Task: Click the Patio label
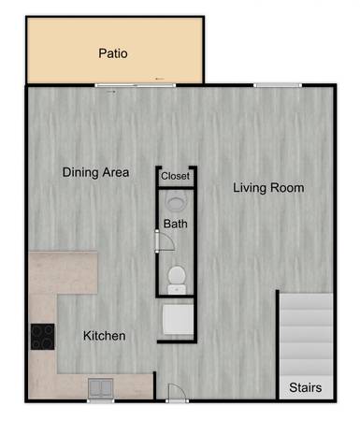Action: point(113,53)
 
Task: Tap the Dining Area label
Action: point(95,172)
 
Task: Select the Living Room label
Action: point(268,188)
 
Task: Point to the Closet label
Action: point(175,176)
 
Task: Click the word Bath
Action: point(176,224)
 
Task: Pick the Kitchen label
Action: point(105,336)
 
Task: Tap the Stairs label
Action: point(305,387)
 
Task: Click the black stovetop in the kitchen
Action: point(43,337)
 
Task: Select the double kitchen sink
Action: point(100,388)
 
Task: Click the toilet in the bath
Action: point(177,278)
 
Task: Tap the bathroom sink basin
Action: point(176,201)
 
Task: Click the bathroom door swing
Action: point(166,241)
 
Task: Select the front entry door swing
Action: point(177,392)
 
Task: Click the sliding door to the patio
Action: point(136,85)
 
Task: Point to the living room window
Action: point(278,85)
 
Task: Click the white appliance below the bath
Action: point(178,320)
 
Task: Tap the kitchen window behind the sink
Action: point(100,400)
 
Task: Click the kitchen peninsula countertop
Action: point(64,272)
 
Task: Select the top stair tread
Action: point(306,301)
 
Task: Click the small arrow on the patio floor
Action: point(160,79)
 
